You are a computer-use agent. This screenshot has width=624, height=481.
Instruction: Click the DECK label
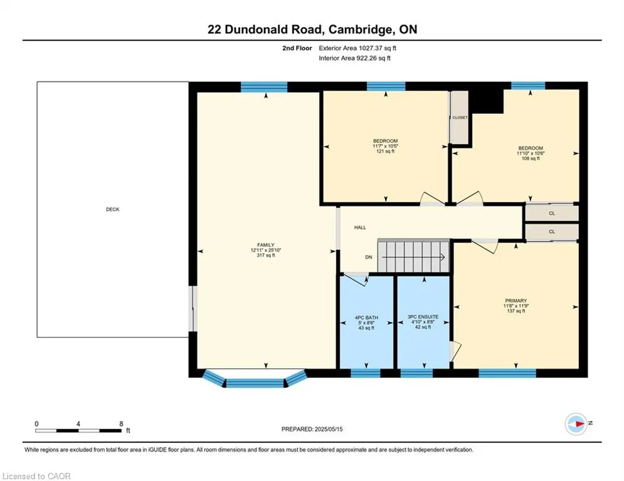pos(112,209)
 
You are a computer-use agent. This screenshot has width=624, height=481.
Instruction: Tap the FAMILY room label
pos(266,245)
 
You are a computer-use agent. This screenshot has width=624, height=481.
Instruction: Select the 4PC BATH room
pos(367,323)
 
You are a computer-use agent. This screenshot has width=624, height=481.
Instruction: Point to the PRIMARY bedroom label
pos(516,301)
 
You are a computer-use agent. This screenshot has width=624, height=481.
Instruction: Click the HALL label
pos(360,228)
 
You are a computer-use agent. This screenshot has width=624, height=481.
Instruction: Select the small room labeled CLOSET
pos(460,118)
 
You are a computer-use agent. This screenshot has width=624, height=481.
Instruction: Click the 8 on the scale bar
pos(121,423)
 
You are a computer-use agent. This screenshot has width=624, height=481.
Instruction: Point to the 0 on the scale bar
pos(37,423)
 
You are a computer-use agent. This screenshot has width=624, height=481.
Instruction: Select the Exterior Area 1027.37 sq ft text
pos(357,48)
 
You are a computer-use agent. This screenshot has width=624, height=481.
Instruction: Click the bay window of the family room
pos(254,379)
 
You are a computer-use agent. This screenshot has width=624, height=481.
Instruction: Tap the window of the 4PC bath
pos(366,373)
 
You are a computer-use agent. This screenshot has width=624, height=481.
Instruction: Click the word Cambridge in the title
pos(350,29)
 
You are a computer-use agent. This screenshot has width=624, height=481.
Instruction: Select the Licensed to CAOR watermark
pos(36,476)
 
